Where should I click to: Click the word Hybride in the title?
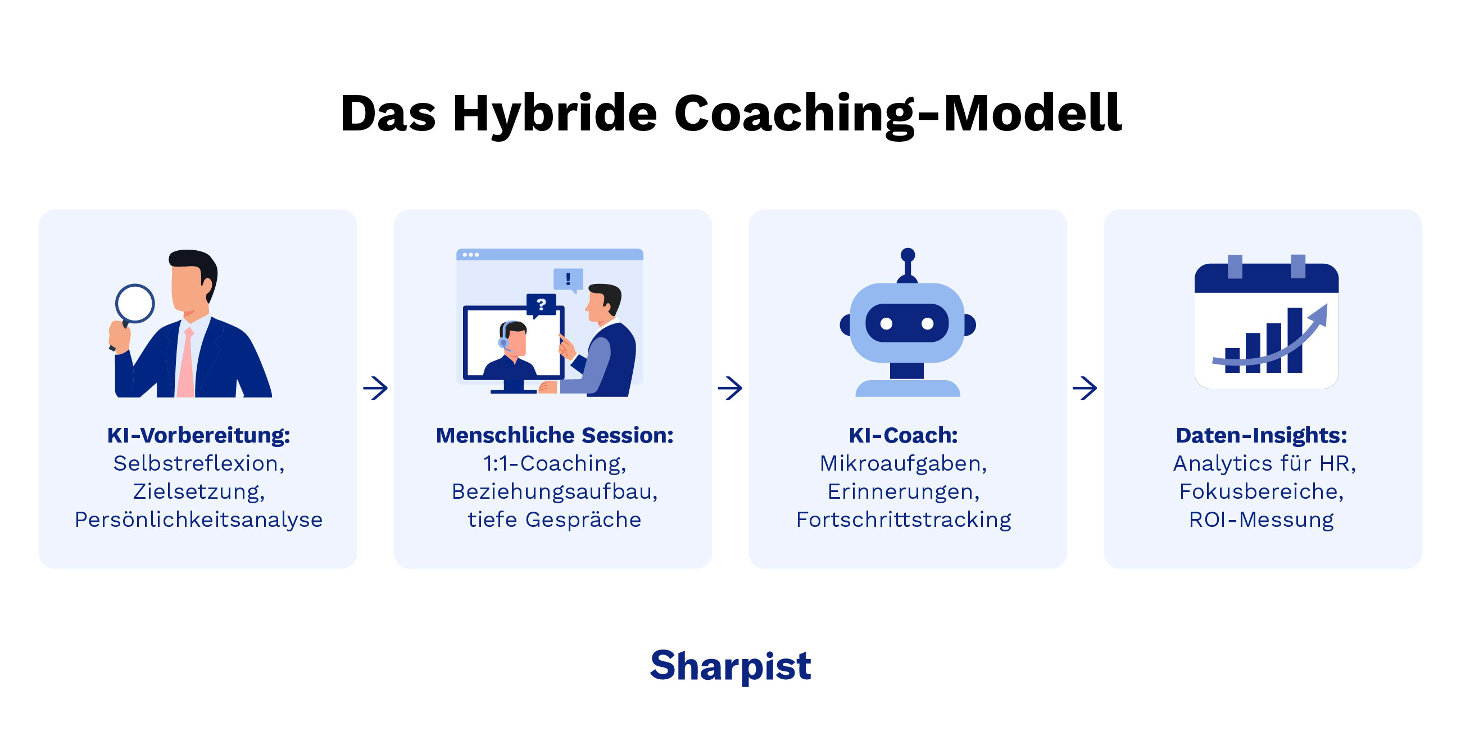tap(555, 114)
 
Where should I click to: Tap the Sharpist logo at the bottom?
tap(730, 665)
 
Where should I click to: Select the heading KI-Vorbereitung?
tap(198, 435)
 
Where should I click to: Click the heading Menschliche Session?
tap(554, 435)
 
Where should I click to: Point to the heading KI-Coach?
tap(903, 435)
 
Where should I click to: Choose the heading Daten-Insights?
tap(1261, 435)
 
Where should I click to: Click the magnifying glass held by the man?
tap(135, 304)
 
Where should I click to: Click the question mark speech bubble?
tap(541, 305)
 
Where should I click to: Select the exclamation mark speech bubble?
tap(568, 279)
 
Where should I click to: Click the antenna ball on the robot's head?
tap(908, 254)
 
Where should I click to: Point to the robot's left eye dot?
tap(887, 323)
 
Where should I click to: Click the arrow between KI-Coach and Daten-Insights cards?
tap(1085, 388)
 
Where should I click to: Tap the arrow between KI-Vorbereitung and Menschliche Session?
tap(375, 388)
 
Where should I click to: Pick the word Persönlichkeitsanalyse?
tap(198, 520)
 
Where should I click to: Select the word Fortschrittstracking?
tap(903, 520)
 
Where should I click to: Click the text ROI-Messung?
tap(1261, 520)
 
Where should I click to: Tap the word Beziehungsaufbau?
tap(554, 491)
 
